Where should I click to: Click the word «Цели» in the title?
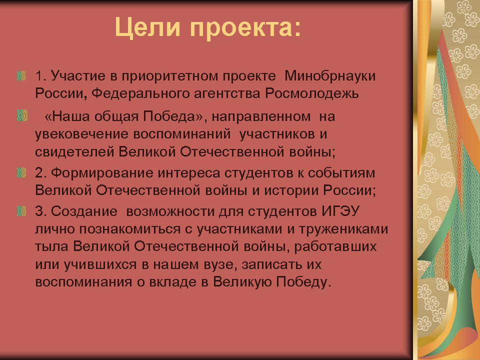pyautogui.click(x=147, y=27)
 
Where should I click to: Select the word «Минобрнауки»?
pyautogui.click(x=330, y=75)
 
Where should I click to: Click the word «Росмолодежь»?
pyautogui.click(x=312, y=93)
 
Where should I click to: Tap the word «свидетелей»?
pyautogui.click(x=74, y=151)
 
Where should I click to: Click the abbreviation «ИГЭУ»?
pyautogui.click(x=340, y=211)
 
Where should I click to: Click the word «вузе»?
pyautogui.click(x=219, y=264)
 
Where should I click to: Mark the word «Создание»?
pyautogui.click(x=84, y=211)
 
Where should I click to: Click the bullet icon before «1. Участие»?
pyautogui.click(x=21, y=75)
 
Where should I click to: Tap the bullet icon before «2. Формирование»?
pyautogui.click(x=21, y=172)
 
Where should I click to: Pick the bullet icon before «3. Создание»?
pyautogui.click(x=21, y=211)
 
